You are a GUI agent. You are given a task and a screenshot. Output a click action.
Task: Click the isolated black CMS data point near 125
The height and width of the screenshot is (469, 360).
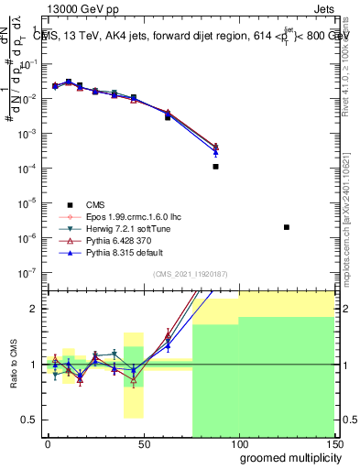tap(287, 227)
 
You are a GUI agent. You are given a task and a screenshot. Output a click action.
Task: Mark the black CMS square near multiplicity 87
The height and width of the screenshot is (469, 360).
tap(215, 167)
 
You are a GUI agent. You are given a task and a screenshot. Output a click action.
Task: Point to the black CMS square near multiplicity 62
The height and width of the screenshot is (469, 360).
tap(168, 117)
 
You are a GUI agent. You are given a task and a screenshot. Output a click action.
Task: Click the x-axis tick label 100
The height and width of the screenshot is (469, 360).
tap(238, 443)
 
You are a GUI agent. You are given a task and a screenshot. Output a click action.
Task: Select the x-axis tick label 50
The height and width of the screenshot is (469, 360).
tap(143, 443)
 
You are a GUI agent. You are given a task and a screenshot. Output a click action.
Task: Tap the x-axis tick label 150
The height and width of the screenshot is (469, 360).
tap(333, 443)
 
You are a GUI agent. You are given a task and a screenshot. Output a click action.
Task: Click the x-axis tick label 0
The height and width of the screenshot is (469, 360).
tap(48, 443)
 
